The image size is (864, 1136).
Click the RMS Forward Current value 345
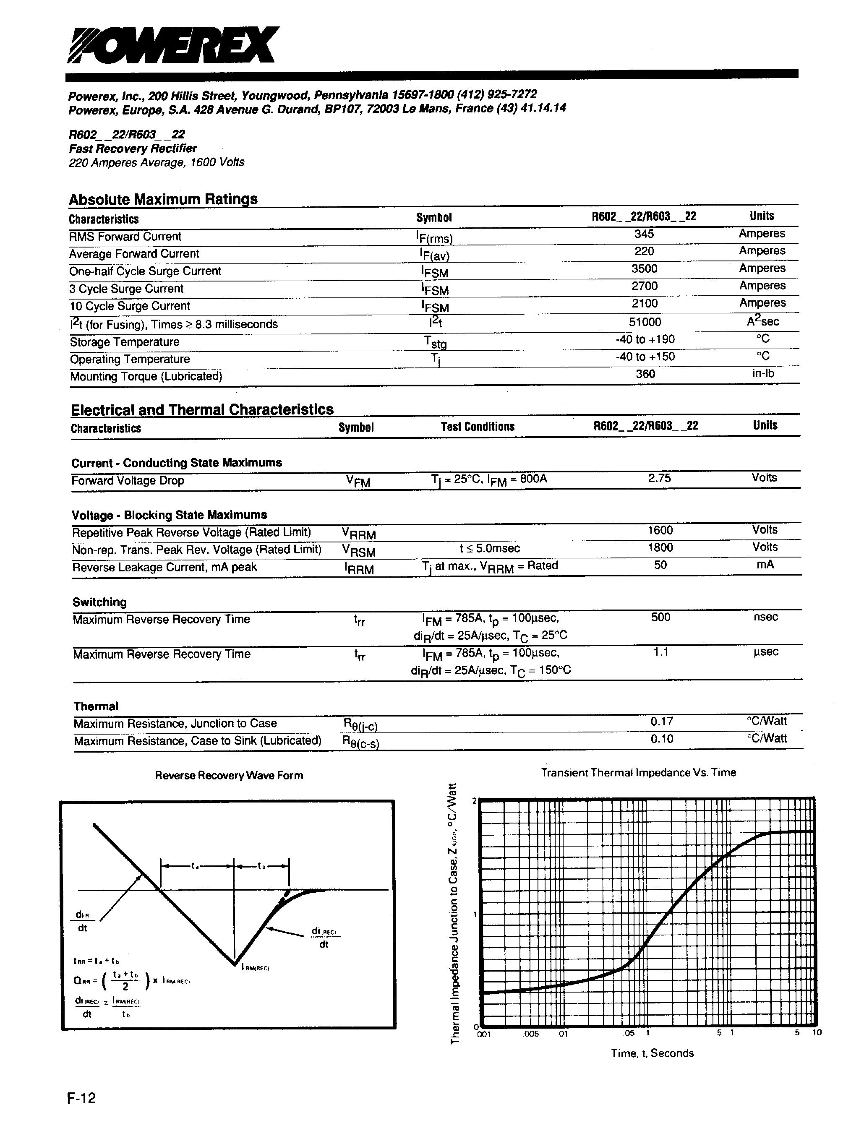[x=644, y=234]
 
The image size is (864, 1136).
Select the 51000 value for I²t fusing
[x=645, y=322]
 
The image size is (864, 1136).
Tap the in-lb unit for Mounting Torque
[x=763, y=374]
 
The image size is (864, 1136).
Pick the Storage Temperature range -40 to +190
[x=645, y=339]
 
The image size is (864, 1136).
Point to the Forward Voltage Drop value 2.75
[x=659, y=478]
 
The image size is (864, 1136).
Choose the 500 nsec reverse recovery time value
[x=660, y=617]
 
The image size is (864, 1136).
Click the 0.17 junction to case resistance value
[x=661, y=722]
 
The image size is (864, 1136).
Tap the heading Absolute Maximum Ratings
[x=163, y=199]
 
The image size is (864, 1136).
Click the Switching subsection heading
[x=99, y=602]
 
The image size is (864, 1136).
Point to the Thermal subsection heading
[x=96, y=706]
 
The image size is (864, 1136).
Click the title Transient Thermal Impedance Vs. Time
[x=638, y=773]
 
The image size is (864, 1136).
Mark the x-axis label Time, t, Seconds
[x=652, y=1053]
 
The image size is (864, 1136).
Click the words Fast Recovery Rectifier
[x=133, y=149]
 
